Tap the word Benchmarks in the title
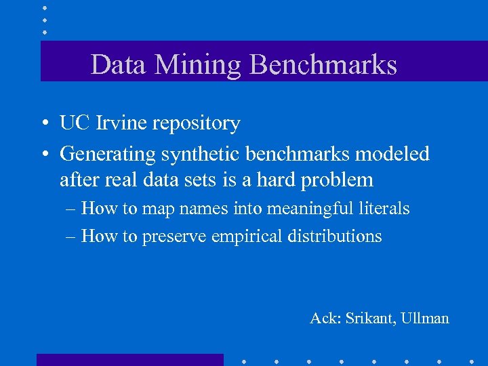point(323,65)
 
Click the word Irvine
point(119,123)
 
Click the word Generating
point(108,155)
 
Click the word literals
point(384,209)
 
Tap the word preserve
point(174,237)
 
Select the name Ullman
point(426,318)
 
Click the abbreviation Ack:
point(325,318)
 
